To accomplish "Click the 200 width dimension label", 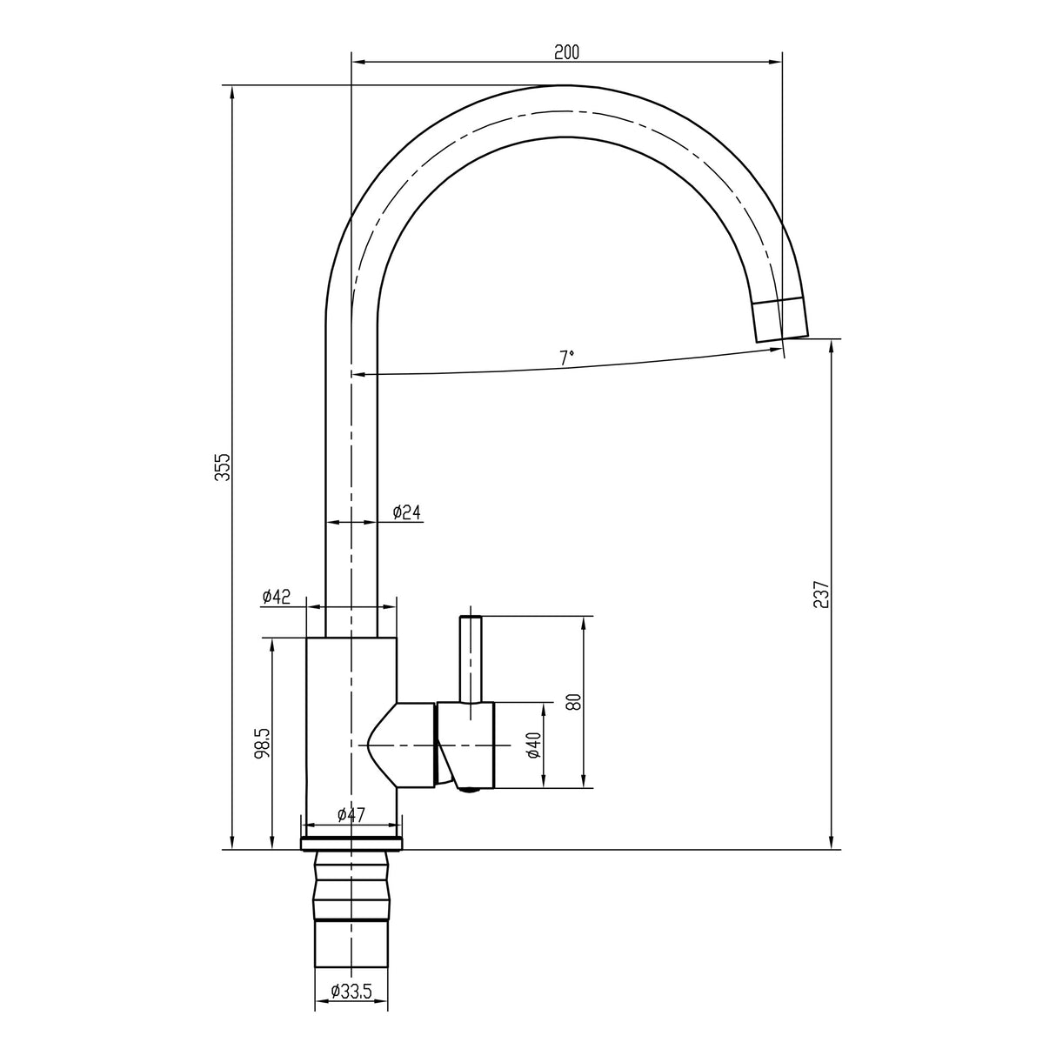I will pos(566,52).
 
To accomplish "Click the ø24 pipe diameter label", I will pos(406,511).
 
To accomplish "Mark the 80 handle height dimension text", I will pos(572,702).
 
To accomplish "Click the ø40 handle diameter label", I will pos(533,745).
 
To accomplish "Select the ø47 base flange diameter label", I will pos(351,814).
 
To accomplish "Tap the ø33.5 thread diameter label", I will pos(351,990).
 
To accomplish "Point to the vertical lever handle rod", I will pos(471,658).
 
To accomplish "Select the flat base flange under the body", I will pos(351,844).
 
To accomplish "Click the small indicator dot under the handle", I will pos(469,790).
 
